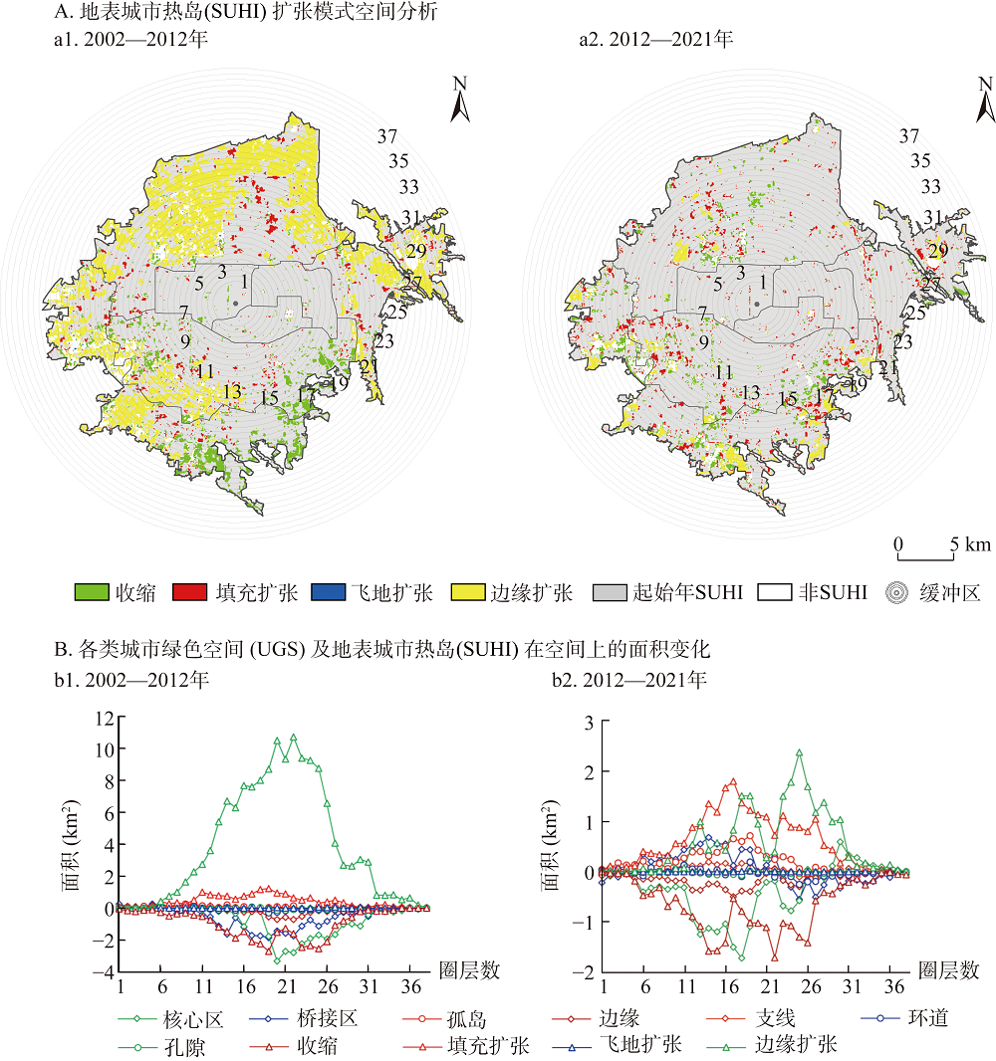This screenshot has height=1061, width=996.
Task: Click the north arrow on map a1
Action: coord(459,100)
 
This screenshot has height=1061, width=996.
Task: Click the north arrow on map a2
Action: coord(985,100)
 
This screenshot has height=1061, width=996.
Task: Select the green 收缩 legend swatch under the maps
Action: coord(92,593)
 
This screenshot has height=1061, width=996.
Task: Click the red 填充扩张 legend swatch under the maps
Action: coord(191,593)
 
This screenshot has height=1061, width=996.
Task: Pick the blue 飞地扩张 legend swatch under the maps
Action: coord(329,593)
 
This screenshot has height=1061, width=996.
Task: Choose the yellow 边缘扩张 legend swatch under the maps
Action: coord(467,593)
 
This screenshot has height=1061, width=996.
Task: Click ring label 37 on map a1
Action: coord(388,136)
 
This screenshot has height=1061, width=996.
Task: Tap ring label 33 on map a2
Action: coord(930,187)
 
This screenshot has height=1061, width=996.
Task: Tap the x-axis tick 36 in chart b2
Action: coord(894,986)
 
